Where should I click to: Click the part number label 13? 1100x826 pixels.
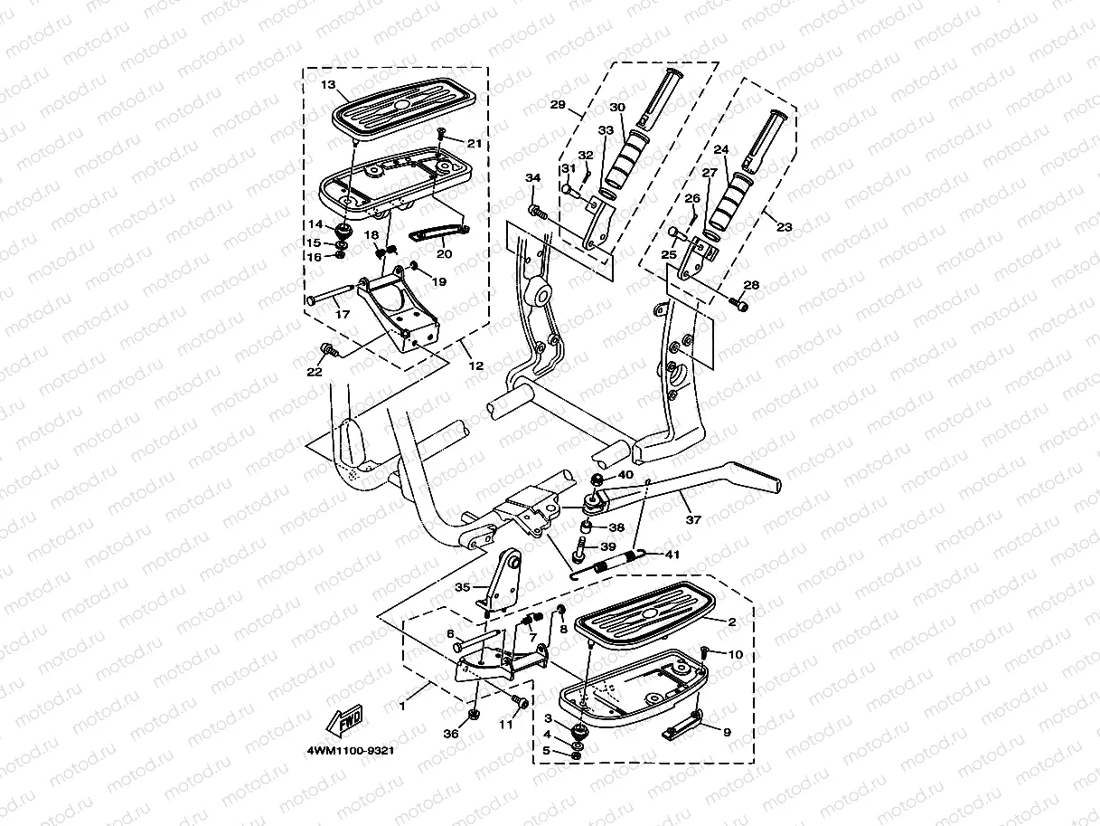point(326,85)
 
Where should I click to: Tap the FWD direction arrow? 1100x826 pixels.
point(343,720)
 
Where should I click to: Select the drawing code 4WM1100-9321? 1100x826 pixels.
point(351,751)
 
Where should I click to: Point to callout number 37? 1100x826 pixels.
point(693,520)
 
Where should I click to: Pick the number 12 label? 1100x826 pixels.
point(475,366)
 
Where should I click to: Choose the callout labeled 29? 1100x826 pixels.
point(558,105)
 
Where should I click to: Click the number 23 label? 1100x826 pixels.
point(784,227)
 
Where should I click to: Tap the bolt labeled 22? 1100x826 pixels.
point(328,349)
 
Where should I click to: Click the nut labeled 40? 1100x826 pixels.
point(597,478)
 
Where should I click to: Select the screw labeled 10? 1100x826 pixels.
point(705,651)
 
